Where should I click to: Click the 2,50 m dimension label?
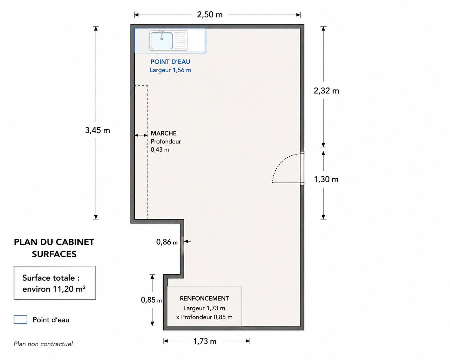coord(210,15)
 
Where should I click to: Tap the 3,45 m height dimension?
coord(98,130)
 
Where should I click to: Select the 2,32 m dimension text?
coord(326,91)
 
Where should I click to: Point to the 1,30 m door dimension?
coord(326,179)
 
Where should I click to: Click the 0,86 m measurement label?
coord(167,242)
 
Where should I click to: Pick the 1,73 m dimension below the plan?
coord(205,341)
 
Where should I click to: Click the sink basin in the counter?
coord(162,40)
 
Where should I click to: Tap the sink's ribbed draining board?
coord(180,40)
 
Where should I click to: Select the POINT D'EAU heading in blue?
coord(170,62)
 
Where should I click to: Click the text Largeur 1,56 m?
coord(170,70)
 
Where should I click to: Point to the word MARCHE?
coord(163,133)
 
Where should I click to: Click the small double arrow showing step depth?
coord(141,135)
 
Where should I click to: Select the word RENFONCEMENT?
coord(204,298)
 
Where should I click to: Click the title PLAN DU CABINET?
coord(54,242)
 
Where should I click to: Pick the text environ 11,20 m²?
coord(54,289)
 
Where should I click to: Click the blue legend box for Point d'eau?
coord(21,320)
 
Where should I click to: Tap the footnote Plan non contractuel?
coord(43,344)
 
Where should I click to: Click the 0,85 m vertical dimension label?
coord(151,300)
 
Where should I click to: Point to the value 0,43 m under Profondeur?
coord(160,150)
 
